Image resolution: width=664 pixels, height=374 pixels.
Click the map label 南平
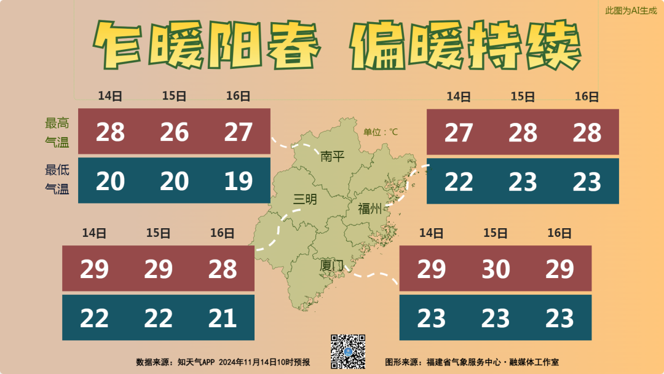333,156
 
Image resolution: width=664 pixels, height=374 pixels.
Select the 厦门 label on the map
332,266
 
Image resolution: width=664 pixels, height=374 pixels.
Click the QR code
348,351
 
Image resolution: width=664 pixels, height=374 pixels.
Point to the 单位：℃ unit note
381,132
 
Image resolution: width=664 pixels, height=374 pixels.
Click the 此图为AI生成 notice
631,10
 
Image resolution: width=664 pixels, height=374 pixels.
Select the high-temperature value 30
496,269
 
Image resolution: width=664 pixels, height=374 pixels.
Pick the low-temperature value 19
238,181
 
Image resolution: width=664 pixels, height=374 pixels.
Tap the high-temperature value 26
174,132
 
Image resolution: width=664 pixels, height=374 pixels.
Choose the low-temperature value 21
222,318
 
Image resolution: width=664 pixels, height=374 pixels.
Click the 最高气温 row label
57,132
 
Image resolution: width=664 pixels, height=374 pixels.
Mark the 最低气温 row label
57,180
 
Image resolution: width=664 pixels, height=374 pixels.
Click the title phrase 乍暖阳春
208,47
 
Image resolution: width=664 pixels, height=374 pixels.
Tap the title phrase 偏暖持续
466,47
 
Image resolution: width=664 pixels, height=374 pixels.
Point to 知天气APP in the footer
196,362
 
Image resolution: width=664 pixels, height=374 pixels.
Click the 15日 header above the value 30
496,233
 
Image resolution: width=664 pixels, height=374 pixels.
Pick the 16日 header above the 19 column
238,96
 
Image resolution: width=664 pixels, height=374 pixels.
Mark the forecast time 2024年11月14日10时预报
264,362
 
